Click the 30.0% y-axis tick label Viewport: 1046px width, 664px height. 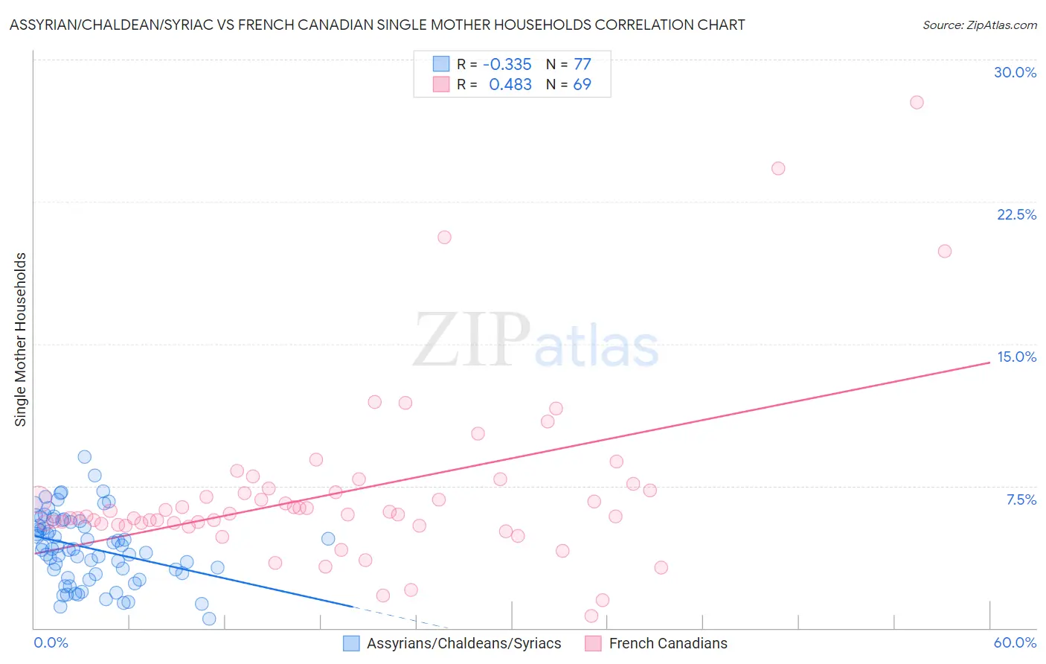[x=1015, y=72]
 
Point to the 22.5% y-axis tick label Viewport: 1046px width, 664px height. [x=1016, y=214]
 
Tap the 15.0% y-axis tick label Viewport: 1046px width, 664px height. [x=1016, y=357]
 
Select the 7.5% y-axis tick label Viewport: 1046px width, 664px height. [x=1021, y=499]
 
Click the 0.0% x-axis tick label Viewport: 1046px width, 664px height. [x=51, y=642]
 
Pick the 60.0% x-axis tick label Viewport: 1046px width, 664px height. [x=1015, y=642]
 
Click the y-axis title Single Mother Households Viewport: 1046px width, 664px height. [x=21, y=339]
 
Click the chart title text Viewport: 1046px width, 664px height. [x=377, y=25]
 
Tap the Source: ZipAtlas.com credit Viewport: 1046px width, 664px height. [x=979, y=25]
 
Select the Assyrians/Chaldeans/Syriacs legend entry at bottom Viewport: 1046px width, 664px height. [x=463, y=643]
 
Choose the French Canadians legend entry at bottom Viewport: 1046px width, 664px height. [x=667, y=643]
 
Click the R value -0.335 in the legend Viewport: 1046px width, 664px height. [x=507, y=65]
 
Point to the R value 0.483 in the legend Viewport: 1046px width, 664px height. [x=510, y=85]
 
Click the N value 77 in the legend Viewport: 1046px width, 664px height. [x=582, y=65]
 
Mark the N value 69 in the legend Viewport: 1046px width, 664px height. [x=582, y=85]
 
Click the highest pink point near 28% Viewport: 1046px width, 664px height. [x=917, y=102]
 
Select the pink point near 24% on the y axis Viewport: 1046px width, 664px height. [x=778, y=168]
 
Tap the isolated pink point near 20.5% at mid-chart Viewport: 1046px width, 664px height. [x=444, y=237]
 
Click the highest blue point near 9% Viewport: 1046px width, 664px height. [x=85, y=457]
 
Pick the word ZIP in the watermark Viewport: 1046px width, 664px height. [x=471, y=340]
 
